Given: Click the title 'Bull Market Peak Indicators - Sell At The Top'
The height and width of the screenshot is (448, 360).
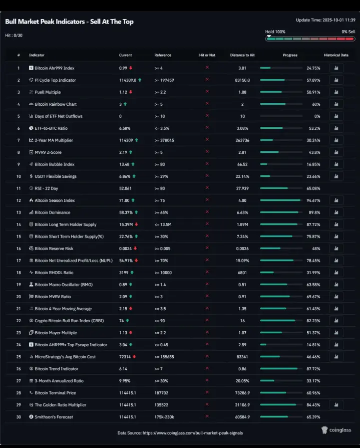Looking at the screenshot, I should tap(69, 22).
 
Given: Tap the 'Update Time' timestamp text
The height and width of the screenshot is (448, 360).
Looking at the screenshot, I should tap(325, 20).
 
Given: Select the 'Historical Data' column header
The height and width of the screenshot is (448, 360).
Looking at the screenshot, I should tap(336, 55).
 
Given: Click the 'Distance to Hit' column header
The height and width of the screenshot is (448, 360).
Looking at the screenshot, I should tap(242, 55).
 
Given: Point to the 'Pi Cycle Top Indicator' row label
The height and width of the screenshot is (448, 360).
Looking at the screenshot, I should tap(55, 80).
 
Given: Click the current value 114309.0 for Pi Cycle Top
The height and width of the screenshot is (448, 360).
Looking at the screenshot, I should tap(128, 80).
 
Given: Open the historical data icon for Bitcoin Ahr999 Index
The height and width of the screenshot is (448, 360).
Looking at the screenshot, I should tap(336, 68).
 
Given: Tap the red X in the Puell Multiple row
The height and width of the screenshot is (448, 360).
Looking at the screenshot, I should tap(207, 92).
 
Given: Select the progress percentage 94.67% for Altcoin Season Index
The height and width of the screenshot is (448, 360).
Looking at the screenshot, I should tap(313, 200).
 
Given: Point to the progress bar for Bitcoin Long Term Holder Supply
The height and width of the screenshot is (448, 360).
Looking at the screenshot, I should tap(281, 225).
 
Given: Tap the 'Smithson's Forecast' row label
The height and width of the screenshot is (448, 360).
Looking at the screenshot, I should tap(54, 417).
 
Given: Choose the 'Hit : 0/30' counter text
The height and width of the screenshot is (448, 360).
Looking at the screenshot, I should tap(14, 35).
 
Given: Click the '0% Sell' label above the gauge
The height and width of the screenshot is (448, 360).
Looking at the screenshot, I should tap(348, 32).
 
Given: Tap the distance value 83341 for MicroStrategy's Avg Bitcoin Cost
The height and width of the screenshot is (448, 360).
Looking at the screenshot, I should tap(242, 357).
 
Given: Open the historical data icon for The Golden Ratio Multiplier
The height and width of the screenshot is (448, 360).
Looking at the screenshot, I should tap(336, 405).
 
